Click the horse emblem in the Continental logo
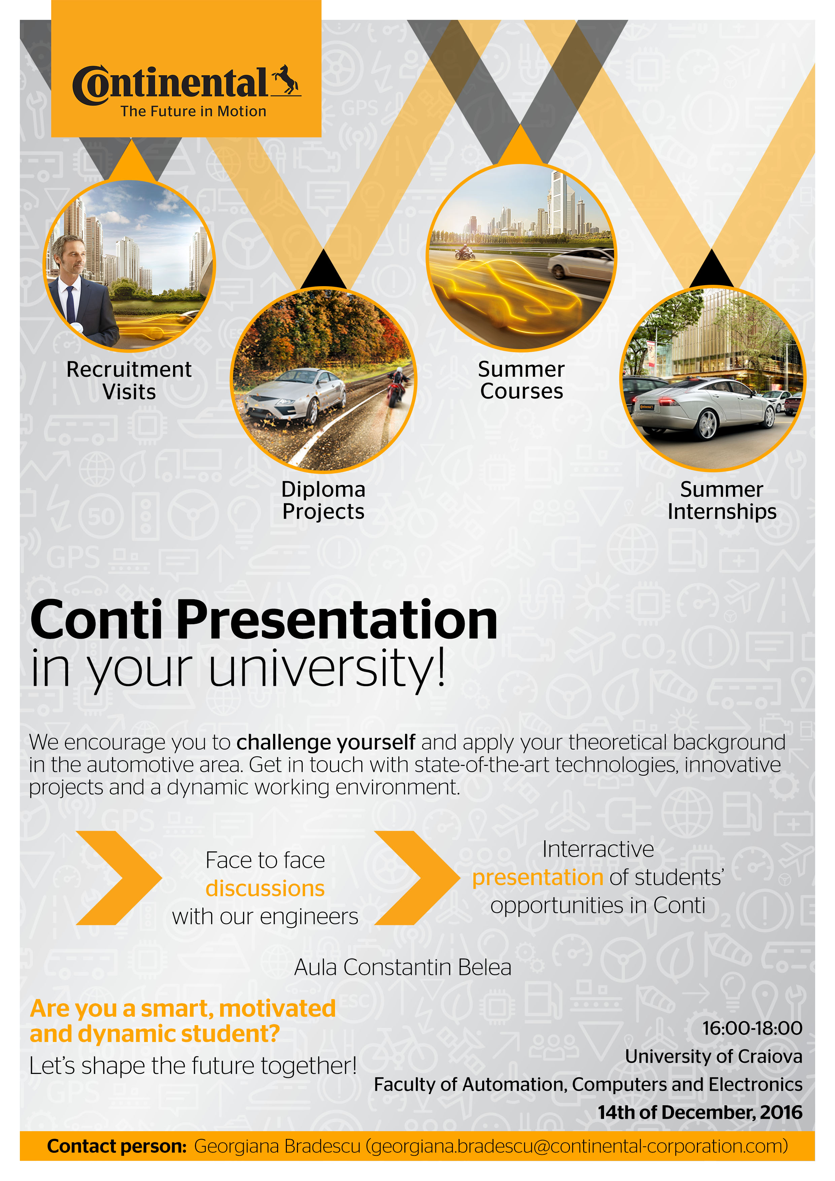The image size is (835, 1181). click(x=287, y=80)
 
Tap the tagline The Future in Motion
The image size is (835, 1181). click(x=194, y=112)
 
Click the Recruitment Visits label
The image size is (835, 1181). click(x=129, y=381)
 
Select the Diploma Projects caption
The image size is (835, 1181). click(x=323, y=501)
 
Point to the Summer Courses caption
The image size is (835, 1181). click(x=521, y=380)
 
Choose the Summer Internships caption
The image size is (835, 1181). click(x=722, y=501)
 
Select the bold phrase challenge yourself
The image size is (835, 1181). click(x=326, y=742)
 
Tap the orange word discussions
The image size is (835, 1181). click(x=265, y=888)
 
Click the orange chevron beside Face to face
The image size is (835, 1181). click(x=119, y=878)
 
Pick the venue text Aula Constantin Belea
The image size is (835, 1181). click(x=403, y=968)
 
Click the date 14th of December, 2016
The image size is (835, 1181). click(x=700, y=1112)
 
